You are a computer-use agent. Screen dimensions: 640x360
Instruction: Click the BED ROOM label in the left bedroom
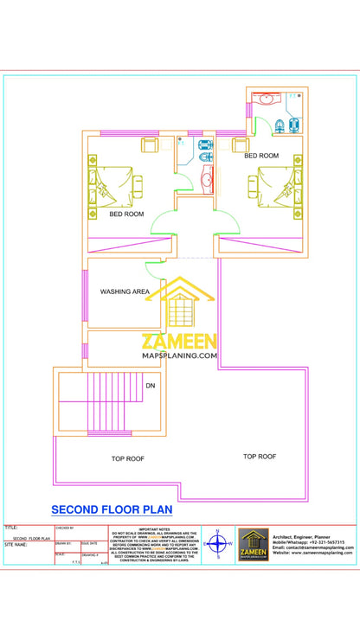point(126,214)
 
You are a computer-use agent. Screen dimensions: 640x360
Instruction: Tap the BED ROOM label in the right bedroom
point(261,156)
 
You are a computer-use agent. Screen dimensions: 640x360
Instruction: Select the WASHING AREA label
point(125,292)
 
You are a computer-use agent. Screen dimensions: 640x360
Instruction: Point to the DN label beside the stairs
point(151,386)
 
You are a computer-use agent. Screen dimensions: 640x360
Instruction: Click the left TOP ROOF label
point(127,458)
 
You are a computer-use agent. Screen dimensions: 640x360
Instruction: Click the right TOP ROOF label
point(260,456)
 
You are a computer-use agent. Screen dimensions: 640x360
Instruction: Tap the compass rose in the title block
point(218,545)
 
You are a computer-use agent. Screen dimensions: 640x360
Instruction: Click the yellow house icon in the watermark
point(181,304)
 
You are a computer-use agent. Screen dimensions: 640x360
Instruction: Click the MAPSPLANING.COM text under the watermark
point(179,355)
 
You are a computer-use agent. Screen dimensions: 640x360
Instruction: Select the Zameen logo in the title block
point(254,545)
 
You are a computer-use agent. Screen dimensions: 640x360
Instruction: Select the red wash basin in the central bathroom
point(207,178)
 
